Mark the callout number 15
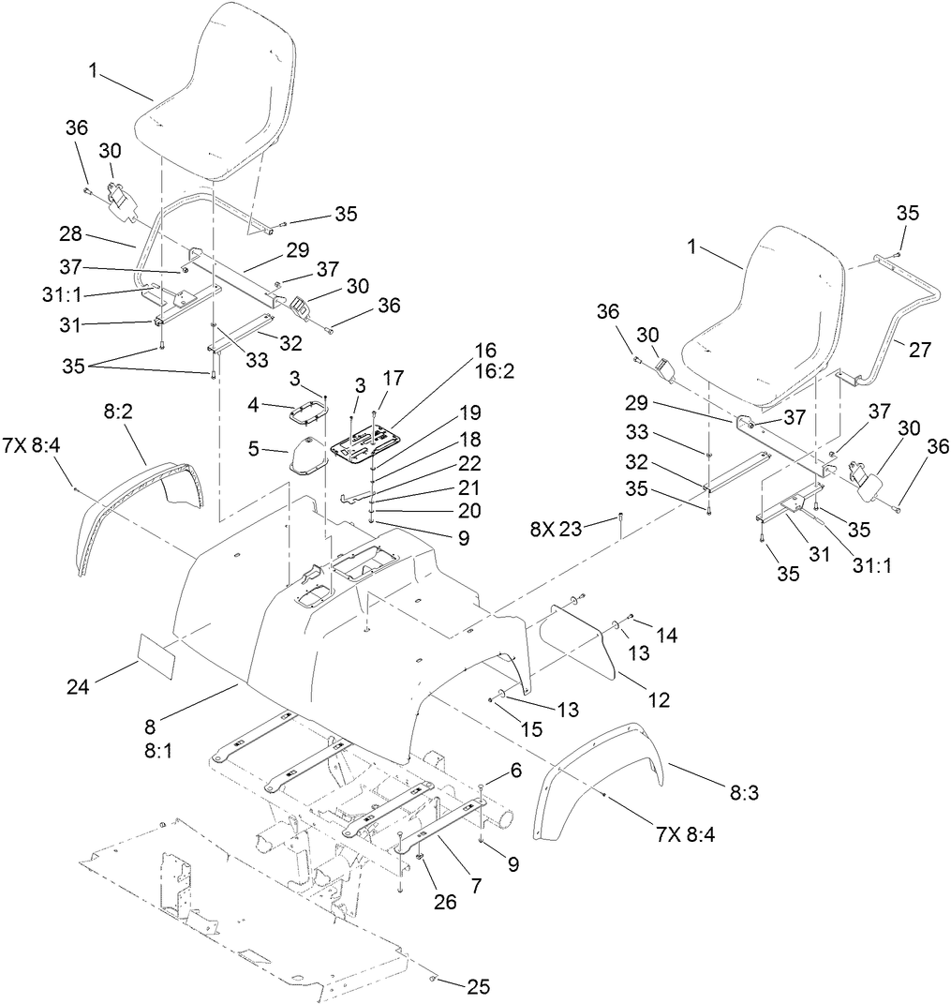531,728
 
